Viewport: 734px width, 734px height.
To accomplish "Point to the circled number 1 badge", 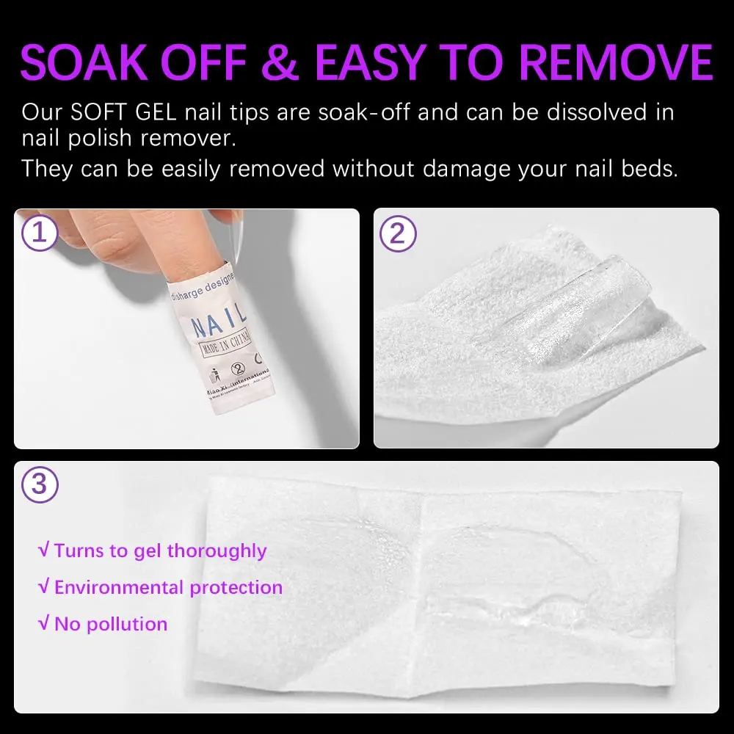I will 39,233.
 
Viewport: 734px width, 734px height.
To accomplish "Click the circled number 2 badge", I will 398,233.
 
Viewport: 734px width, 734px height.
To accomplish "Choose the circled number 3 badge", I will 40,485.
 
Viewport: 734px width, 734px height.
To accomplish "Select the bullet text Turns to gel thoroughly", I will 160,550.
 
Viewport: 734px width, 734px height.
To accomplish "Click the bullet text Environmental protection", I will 168,587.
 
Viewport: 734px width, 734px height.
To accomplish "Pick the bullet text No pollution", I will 111,624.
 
